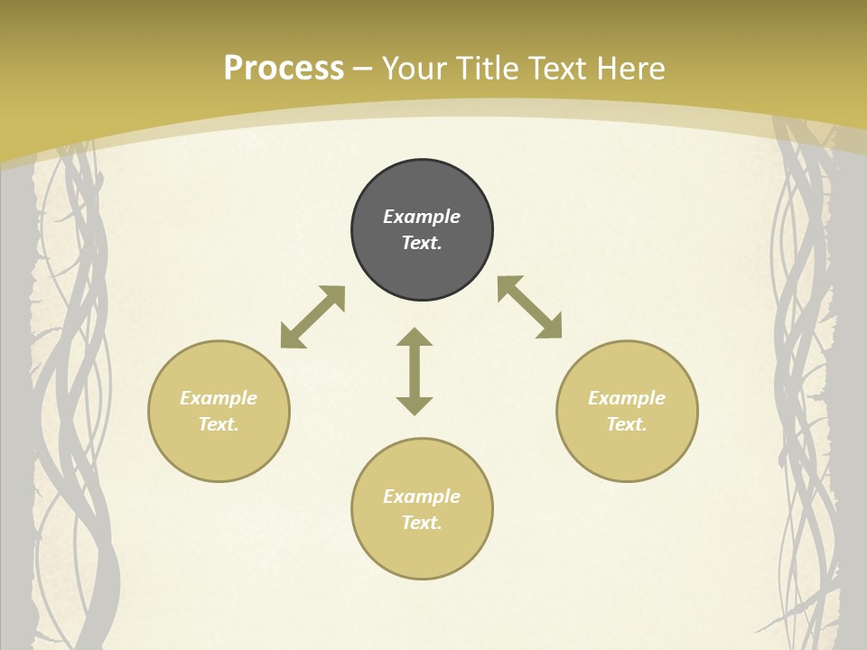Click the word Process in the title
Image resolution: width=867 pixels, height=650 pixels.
pos(284,69)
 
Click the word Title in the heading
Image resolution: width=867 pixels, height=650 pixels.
pos(488,69)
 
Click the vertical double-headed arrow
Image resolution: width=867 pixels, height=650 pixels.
pos(415,371)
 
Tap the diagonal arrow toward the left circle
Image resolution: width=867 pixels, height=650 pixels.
pos(312,317)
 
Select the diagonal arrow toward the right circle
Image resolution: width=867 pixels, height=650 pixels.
pos(530,307)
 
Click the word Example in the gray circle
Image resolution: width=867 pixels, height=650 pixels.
pos(422,217)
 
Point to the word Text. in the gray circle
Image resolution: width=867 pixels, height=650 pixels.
pos(422,243)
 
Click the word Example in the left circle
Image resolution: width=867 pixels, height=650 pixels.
pos(219,398)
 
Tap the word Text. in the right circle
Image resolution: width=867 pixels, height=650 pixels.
pos(627,424)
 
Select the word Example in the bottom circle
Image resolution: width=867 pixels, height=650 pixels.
pos(422,497)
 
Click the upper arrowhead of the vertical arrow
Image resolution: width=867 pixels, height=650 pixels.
pos(415,337)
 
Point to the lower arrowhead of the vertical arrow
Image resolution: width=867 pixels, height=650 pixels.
pos(415,405)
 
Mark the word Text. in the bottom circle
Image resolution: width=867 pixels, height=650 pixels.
pos(422,523)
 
